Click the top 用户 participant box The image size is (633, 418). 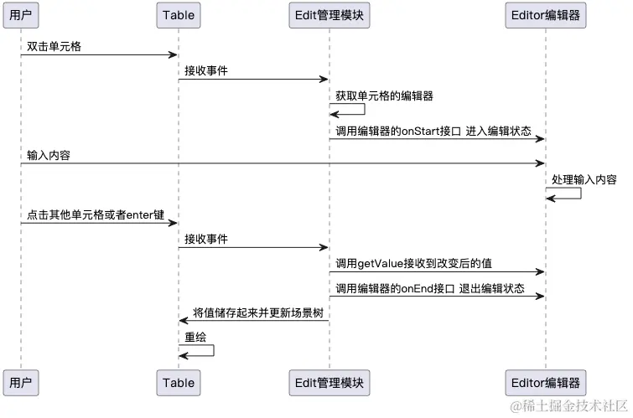[20, 14]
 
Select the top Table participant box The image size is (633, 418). [178, 14]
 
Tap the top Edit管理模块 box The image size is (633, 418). [329, 14]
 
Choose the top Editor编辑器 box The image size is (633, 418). [546, 14]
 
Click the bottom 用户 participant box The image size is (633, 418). [20, 383]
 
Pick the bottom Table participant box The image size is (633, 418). [178, 383]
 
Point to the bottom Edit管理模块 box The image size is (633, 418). [329, 383]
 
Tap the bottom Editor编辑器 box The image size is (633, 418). [546, 383]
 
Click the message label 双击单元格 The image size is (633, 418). [54, 45]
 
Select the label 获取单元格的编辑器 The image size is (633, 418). [384, 95]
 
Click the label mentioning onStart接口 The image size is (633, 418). [433, 130]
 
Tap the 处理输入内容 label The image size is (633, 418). [584, 179]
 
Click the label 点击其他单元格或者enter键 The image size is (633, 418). [96, 214]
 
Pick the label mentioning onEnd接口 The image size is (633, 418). [429, 288]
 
